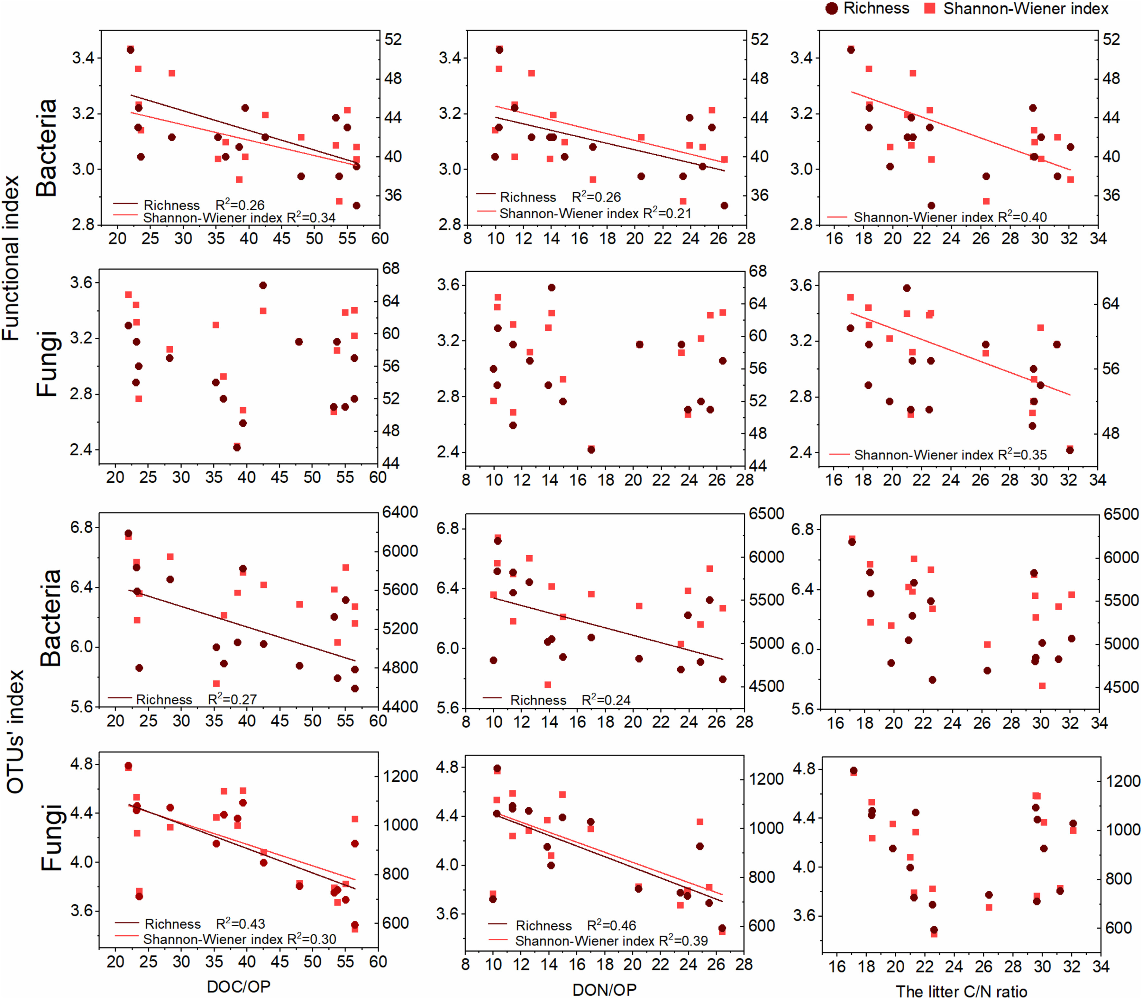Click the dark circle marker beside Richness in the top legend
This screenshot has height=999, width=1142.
pos(831,8)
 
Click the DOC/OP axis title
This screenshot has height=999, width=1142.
pos(239,987)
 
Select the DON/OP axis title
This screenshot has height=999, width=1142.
pos(605,990)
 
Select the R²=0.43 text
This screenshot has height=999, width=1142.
pos(240,924)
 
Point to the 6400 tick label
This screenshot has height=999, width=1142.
pos(400,512)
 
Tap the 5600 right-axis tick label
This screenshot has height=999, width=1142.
pos(400,590)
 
